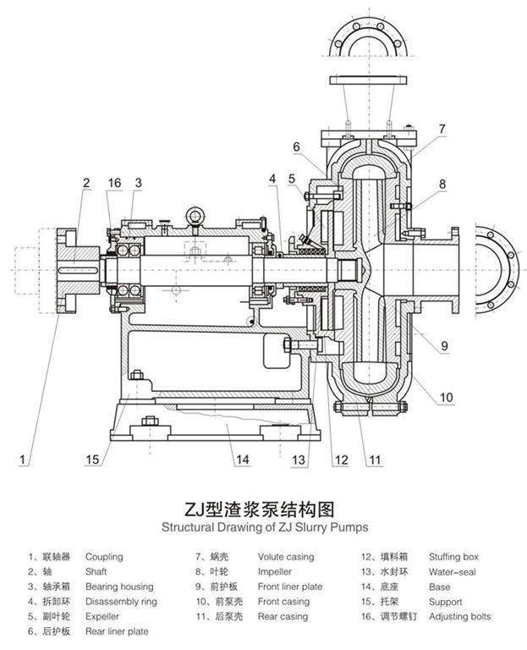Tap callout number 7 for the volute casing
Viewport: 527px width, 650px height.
[441, 129]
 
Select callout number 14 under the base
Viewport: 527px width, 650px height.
[243, 460]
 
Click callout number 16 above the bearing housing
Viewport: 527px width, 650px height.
[114, 182]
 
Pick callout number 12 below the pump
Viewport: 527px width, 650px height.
[341, 460]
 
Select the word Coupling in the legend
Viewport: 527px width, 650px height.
[104, 557]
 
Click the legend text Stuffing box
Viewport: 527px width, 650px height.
[453, 557]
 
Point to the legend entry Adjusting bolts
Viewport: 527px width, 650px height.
[458, 617]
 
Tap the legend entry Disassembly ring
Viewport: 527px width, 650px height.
[120, 602]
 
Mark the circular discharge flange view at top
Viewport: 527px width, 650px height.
[368, 33]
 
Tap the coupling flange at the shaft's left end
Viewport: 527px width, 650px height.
[67, 267]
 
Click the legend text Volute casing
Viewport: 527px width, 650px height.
[286, 557]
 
